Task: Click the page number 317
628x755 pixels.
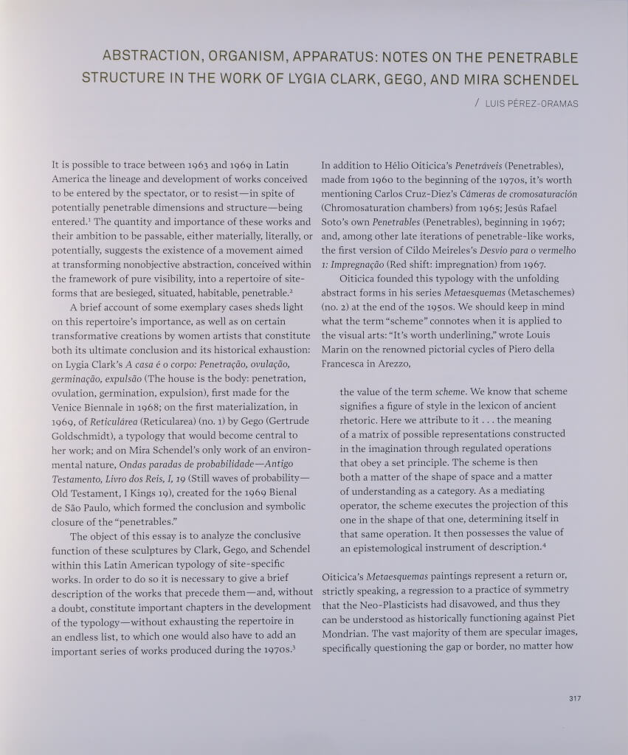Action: pyautogui.click(x=575, y=698)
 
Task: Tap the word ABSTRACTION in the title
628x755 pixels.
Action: pyautogui.click(x=149, y=57)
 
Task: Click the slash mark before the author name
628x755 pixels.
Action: pyautogui.click(x=477, y=103)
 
